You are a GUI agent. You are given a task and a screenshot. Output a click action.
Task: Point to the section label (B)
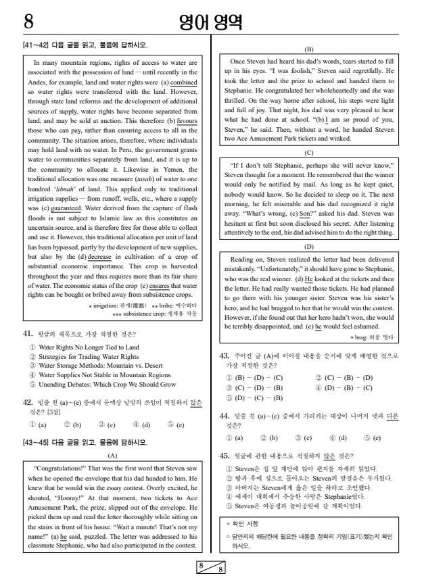[x=309, y=49]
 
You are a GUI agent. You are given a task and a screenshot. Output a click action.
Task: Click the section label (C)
[x=309, y=152]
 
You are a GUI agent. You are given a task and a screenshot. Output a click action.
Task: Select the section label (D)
[x=309, y=246]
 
